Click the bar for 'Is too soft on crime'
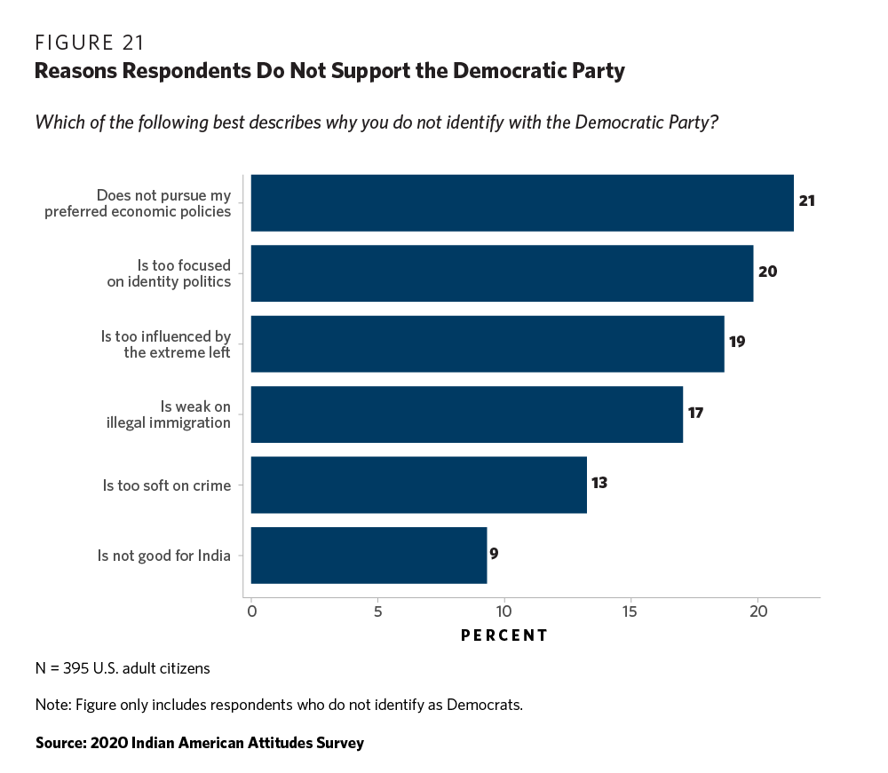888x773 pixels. point(418,485)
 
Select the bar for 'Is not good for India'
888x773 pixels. point(369,556)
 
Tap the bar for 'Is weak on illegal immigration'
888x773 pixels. point(467,414)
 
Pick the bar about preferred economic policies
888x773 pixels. point(521,202)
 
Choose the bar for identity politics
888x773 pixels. point(502,273)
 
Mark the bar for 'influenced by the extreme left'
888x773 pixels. point(487,343)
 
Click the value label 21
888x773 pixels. point(806,201)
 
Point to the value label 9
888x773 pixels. point(494,554)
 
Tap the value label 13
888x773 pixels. point(599,483)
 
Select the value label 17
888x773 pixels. point(695,413)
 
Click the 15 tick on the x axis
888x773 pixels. point(630,612)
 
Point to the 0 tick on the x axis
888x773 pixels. point(251,612)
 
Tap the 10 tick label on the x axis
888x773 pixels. point(504,612)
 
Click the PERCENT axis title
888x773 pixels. point(504,635)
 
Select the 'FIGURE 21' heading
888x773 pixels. point(90,43)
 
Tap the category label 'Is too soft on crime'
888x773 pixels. point(167,485)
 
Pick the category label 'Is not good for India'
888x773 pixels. point(164,556)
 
